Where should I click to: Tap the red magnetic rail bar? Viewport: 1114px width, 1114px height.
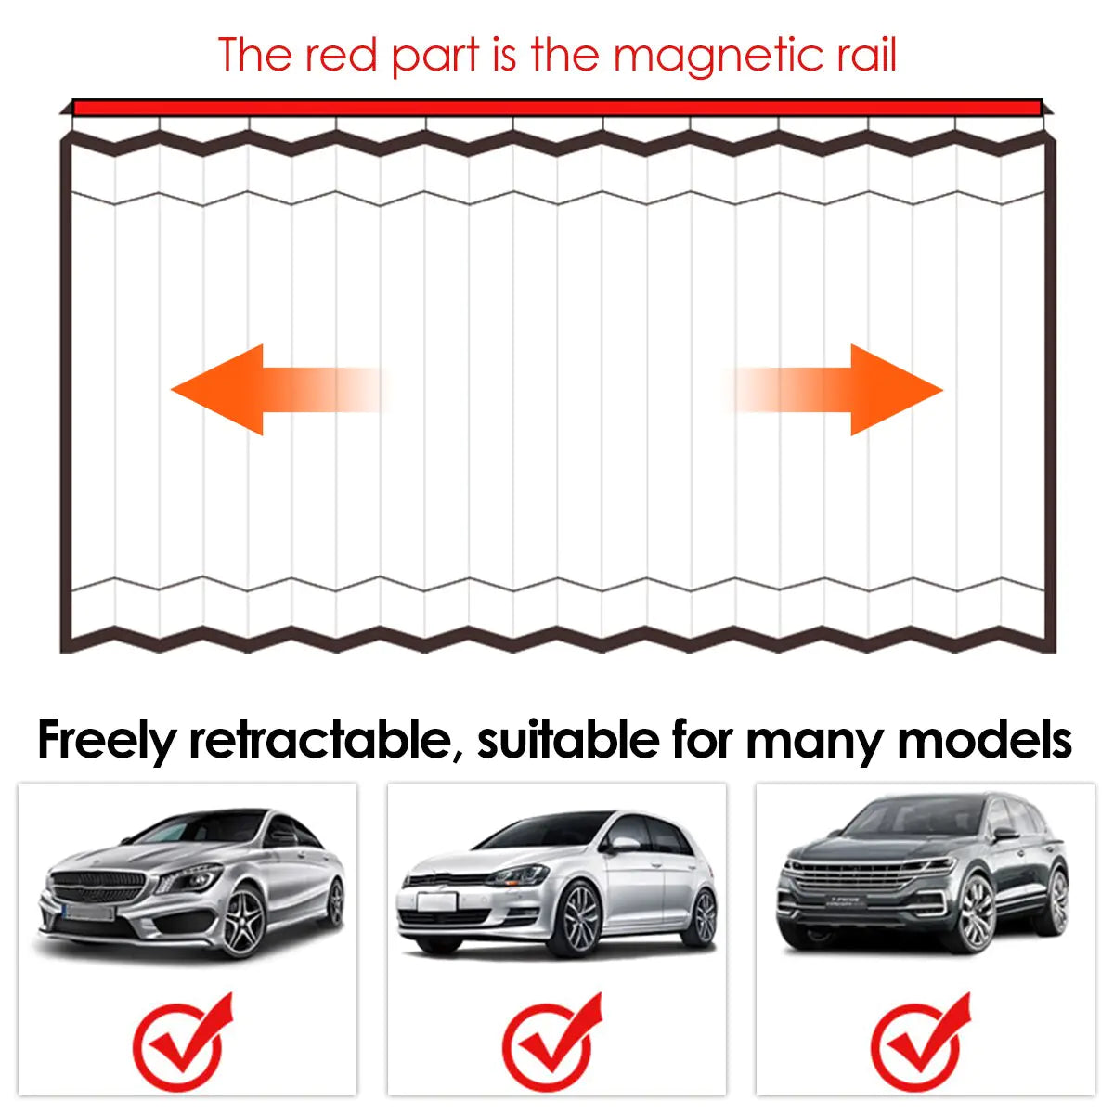557,108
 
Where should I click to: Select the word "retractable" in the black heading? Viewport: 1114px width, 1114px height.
325,740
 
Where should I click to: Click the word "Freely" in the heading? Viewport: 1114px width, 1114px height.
106,740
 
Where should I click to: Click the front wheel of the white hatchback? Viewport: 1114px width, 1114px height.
579,919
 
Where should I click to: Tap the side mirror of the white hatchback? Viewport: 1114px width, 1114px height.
622,844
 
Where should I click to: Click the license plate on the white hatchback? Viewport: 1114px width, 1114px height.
436,901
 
